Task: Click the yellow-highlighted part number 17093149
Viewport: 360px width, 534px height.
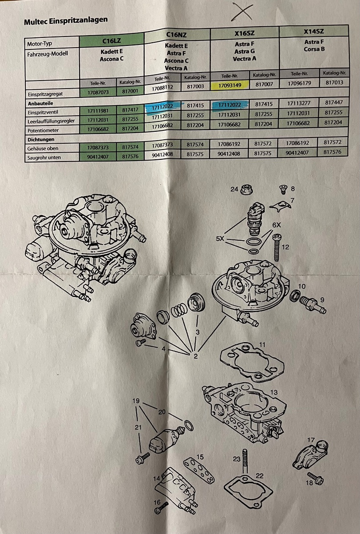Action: (230, 85)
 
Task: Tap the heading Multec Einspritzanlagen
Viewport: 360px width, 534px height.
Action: (66, 21)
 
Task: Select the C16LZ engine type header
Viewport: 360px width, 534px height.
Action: (112, 41)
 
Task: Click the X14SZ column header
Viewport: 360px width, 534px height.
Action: (314, 31)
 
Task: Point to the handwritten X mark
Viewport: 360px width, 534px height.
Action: (242, 12)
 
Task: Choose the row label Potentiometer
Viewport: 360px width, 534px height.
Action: (43, 130)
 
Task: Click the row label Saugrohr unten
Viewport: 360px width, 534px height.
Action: (44, 158)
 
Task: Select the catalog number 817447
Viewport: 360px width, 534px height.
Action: (334, 102)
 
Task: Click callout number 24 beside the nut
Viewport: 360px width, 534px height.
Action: (234, 189)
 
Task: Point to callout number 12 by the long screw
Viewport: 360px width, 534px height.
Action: (285, 247)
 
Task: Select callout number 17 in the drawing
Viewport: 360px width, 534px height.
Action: (311, 440)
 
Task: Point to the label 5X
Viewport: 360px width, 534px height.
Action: (220, 239)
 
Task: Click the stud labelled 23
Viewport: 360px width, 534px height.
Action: (244, 461)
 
